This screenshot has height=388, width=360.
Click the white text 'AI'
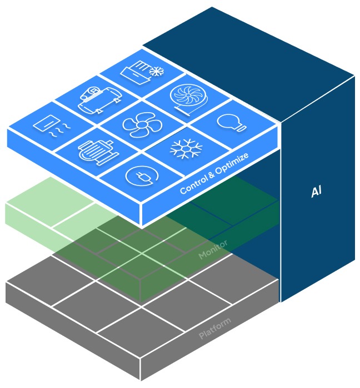(x=316, y=193)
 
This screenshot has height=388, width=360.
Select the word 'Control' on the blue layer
(x=192, y=187)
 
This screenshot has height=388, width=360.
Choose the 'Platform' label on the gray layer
(x=215, y=329)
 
